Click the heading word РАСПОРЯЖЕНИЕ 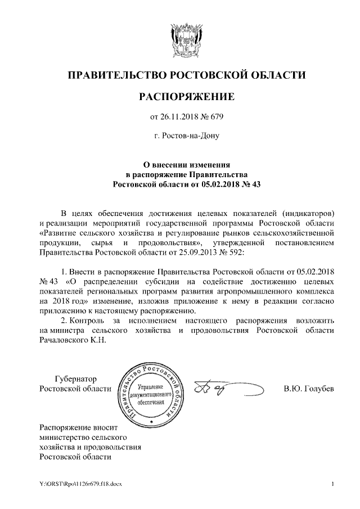(x=186, y=97)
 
